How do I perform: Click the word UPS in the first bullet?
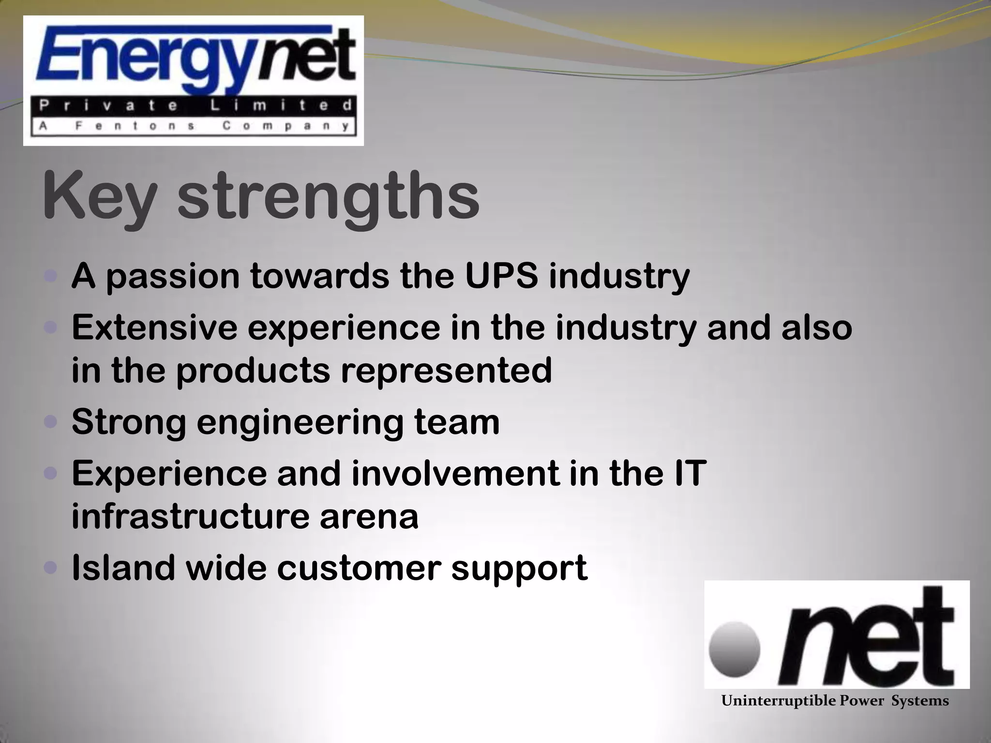(501, 277)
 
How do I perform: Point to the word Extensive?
(154, 327)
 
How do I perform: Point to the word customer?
(359, 568)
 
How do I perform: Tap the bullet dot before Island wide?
(50, 567)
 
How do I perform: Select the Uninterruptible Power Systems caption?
(835, 701)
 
